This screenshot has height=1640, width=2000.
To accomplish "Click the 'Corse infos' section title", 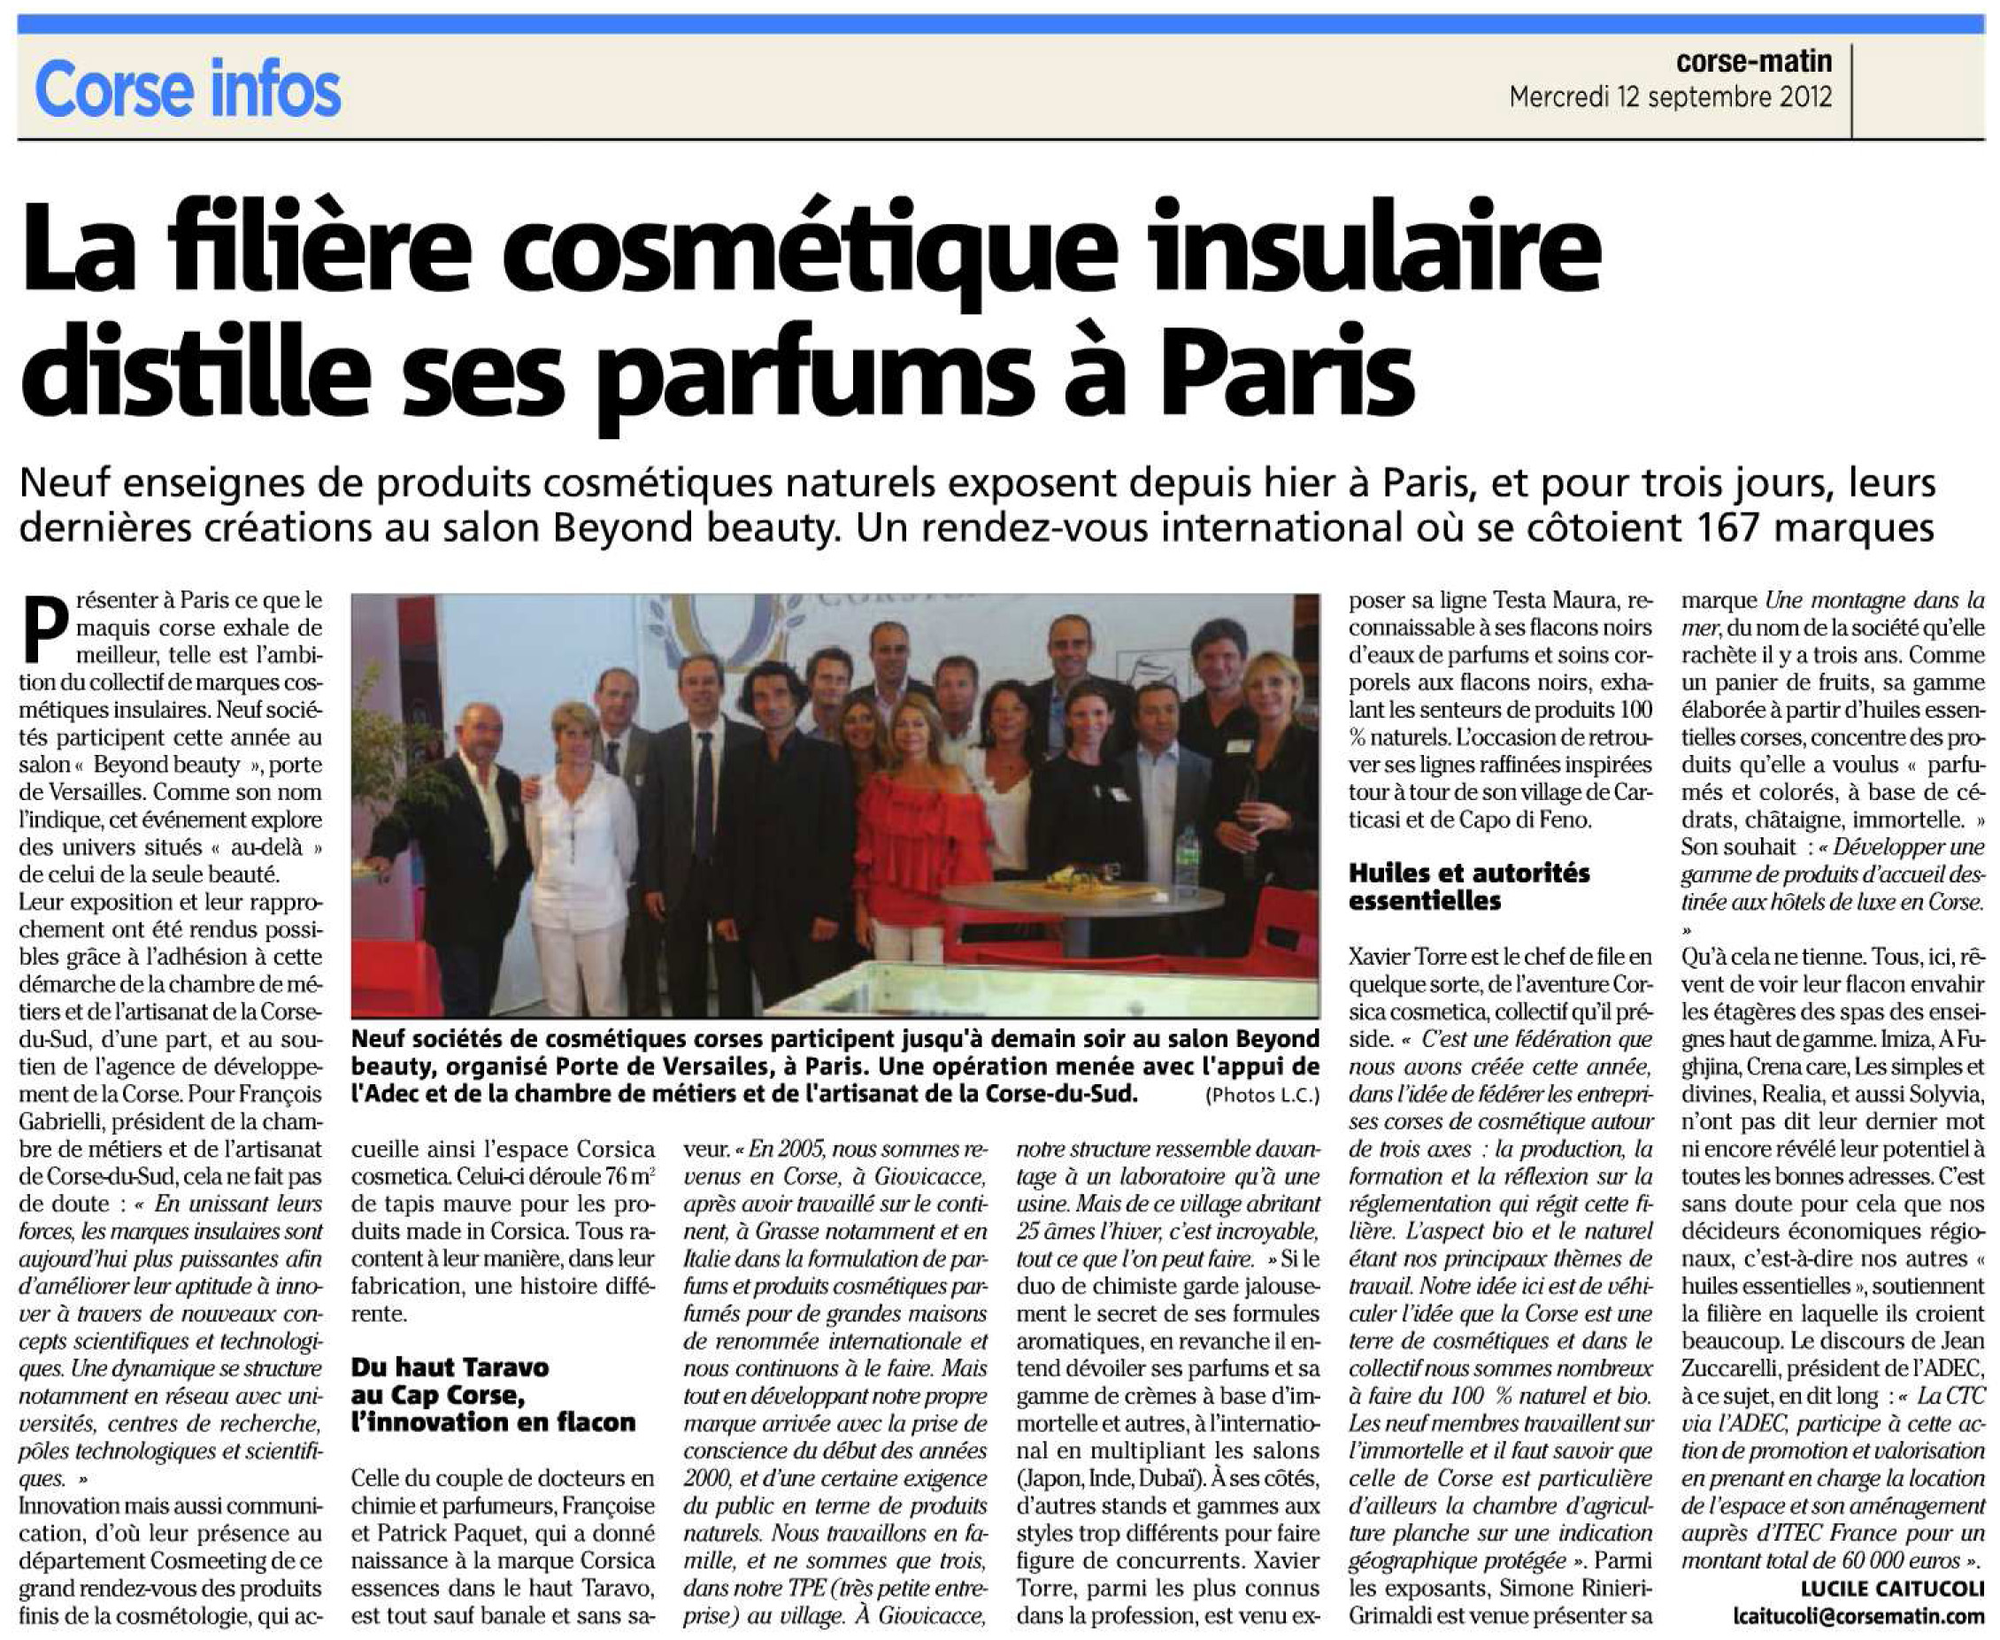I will (187, 89).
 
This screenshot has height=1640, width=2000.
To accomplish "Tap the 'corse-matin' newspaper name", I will (1753, 61).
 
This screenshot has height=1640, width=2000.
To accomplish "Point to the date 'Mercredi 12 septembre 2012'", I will (1670, 97).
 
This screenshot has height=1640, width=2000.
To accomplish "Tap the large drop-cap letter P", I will (44, 627).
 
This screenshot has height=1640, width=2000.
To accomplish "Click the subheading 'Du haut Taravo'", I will (450, 1367).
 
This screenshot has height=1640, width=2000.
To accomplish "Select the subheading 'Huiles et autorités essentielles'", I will (1469, 886).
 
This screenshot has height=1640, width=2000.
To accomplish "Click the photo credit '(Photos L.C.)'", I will (1261, 1096).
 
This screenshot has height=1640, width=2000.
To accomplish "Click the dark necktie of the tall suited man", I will (703, 794).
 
